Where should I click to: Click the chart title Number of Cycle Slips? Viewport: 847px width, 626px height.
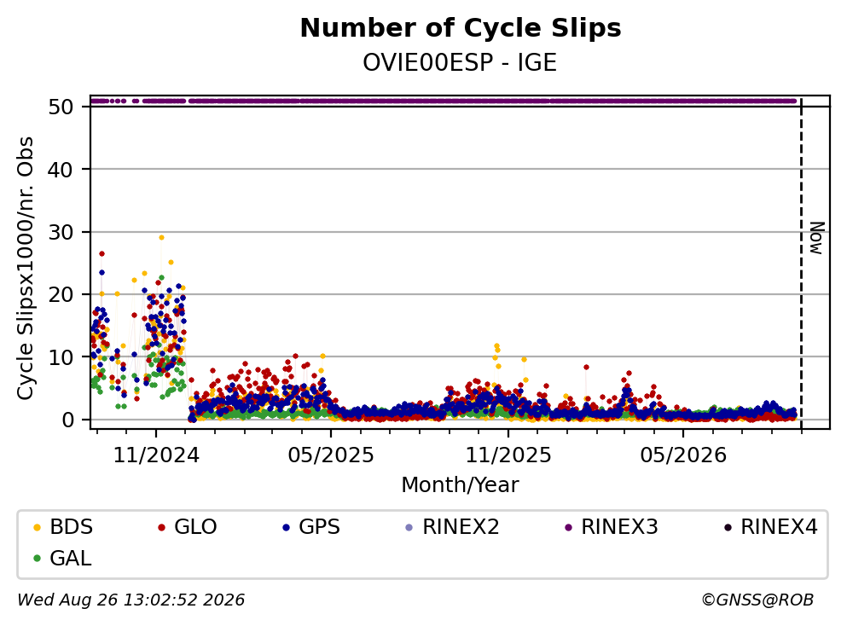coord(461,28)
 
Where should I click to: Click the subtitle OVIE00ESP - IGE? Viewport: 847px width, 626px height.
coord(460,63)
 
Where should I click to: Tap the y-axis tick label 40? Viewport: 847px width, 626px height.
coord(61,170)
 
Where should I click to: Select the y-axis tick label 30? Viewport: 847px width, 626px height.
coord(61,232)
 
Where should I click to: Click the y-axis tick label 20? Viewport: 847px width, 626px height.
coord(61,294)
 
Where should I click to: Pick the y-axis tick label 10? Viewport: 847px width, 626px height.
coord(61,357)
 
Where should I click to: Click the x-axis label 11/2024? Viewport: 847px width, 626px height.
coord(156,455)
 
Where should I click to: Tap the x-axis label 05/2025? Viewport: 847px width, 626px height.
coord(331,455)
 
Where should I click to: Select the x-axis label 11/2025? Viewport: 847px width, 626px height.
coord(508,455)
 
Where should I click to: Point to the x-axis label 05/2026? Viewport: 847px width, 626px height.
coord(683,455)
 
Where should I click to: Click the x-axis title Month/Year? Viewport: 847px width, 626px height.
coord(460,485)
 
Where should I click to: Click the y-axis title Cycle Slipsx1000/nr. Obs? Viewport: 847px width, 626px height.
coord(25,268)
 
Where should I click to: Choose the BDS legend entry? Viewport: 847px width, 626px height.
coord(63,526)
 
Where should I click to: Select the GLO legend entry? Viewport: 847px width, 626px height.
coord(187,526)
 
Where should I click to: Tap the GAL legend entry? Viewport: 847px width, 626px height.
coord(62,558)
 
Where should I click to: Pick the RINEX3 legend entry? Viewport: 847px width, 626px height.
coord(612,526)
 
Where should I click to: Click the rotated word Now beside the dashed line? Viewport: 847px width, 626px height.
coord(816,238)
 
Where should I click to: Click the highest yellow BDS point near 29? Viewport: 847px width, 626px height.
coord(161,237)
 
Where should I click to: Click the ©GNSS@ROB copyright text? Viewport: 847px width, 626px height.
coord(757,600)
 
